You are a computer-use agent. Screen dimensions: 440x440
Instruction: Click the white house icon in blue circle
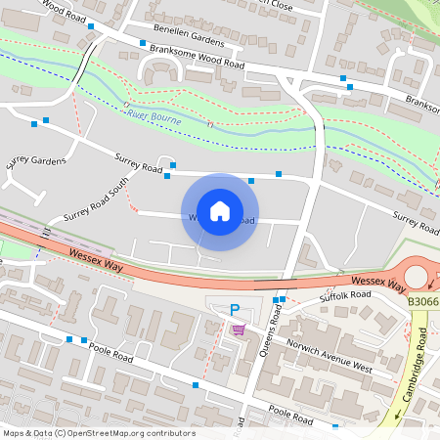point(220,211)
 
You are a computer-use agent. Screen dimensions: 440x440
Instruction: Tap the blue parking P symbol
point(235,310)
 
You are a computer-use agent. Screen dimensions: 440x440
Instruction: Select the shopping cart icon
point(238,330)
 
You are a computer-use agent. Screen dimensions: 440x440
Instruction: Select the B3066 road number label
point(423,303)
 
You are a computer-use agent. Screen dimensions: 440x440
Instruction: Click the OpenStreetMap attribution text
point(98,433)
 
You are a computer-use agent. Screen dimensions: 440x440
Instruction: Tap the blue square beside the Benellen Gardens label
point(143,44)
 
